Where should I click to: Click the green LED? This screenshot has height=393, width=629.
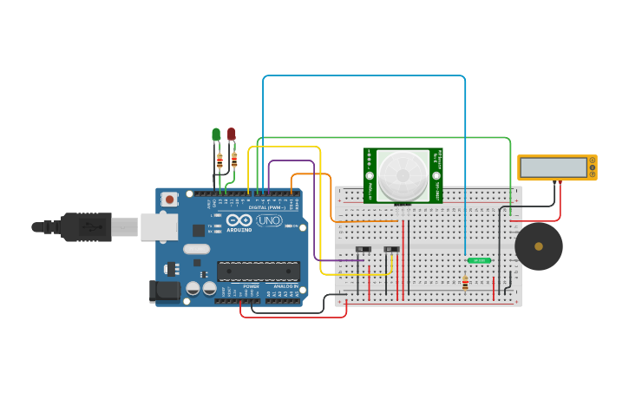pos(216,134)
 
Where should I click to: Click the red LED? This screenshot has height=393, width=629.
pos(231,134)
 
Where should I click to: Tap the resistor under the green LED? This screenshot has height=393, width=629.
pos(219,160)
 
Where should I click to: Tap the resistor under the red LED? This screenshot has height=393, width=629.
pos(234,159)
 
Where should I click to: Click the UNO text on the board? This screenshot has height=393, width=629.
pos(269,220)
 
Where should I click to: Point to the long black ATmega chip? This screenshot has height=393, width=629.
pos(258,272)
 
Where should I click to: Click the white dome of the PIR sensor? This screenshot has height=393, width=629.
pos(403,174)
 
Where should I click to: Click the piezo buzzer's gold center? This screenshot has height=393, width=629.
pos(539,246)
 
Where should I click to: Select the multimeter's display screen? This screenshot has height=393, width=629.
pos(553,167)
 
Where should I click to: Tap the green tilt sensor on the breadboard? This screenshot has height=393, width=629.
pos(479,260)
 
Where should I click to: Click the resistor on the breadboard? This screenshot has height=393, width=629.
pos(465,282)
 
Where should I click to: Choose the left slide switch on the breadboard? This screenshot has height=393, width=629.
pos(363,250)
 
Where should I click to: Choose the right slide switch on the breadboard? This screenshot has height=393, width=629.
pos(391,250)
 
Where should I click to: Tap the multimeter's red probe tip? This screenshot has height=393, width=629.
pos(560,183)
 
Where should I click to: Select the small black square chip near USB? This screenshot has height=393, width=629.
pos(199,230)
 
